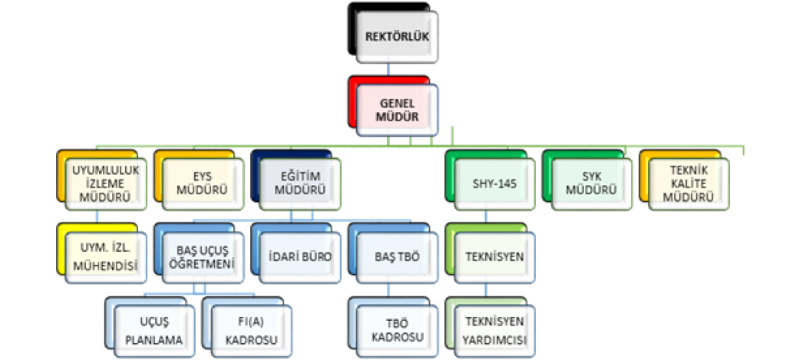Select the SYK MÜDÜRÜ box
coord(587,183)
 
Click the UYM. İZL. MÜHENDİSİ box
coord(103,257)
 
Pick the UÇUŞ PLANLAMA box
coord(152,329)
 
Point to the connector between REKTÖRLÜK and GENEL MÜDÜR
coord(389,70)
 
